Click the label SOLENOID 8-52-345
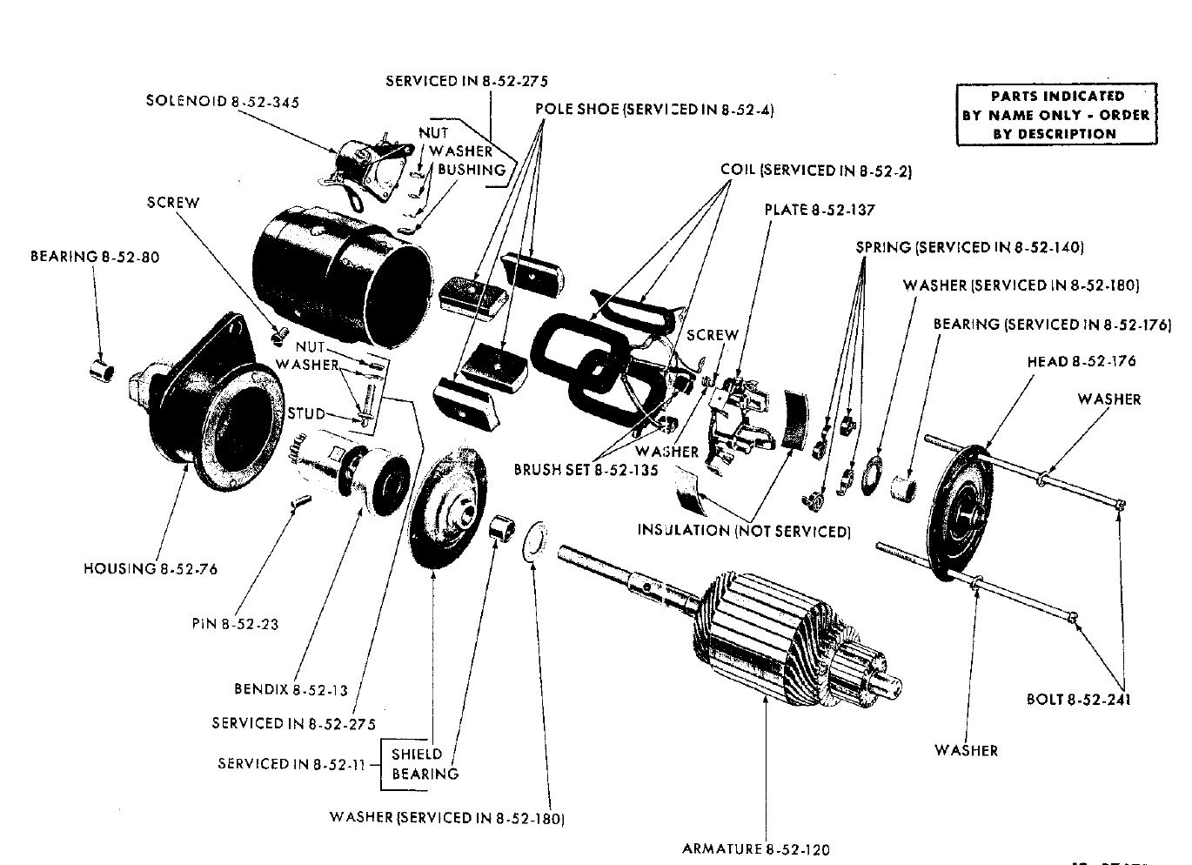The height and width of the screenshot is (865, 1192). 222,102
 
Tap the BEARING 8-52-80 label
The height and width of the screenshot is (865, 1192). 95,257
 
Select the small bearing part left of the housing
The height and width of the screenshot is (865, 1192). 102,371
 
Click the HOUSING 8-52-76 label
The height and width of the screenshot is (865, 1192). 150,568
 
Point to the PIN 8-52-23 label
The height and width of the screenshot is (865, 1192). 235,624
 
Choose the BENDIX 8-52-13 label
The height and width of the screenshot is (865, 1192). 291,690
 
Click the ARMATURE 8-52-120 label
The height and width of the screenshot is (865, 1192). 755,848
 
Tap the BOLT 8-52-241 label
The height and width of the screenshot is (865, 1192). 1079,699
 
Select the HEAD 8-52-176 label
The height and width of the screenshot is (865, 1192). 1081,361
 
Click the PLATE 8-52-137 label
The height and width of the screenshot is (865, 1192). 819,210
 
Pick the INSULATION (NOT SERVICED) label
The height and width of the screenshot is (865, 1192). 743,530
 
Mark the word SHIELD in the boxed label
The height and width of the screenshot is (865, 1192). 417,754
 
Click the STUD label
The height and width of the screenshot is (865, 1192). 305,413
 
